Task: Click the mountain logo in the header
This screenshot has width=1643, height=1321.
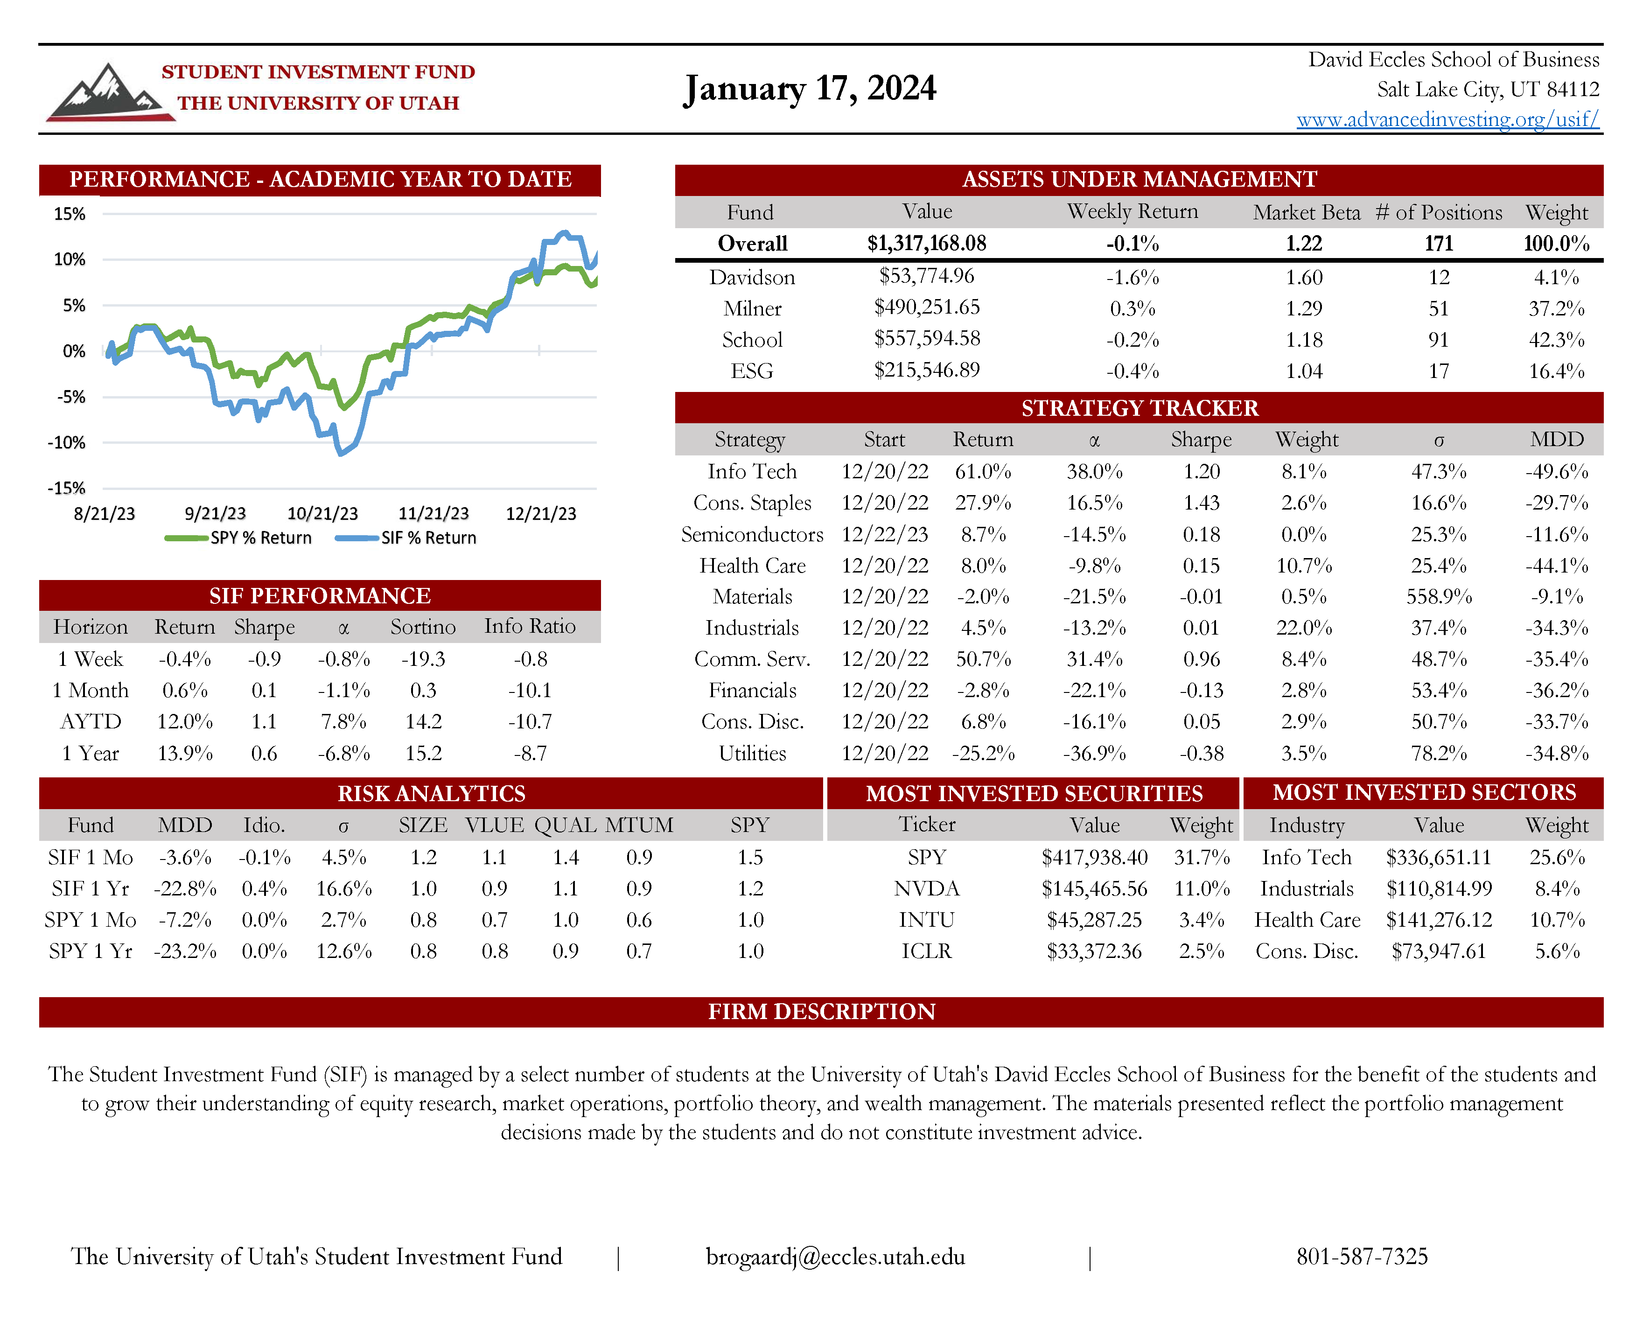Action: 107,93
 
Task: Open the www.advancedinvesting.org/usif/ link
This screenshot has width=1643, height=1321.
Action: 1447,119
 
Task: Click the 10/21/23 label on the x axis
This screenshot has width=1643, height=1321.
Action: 322,514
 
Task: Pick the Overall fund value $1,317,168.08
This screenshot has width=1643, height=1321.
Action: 927,244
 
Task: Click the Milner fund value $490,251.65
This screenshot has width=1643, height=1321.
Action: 927,308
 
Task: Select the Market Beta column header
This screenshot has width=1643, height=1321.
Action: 1306,213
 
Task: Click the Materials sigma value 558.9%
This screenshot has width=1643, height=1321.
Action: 1439,597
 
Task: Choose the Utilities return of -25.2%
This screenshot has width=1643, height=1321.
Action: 983,754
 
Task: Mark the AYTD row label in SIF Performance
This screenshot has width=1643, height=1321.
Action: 91,722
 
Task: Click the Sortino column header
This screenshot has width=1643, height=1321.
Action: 423,627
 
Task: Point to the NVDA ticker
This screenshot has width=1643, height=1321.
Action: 927,889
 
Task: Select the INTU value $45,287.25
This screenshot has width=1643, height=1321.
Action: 1094,920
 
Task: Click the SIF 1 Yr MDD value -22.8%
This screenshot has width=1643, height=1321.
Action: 185,889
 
